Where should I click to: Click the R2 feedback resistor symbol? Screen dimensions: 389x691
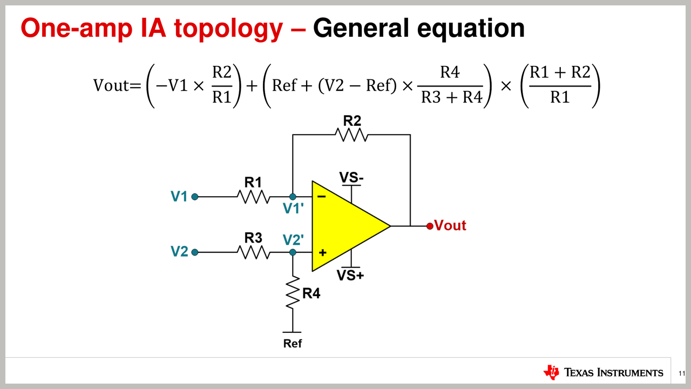(351, 135)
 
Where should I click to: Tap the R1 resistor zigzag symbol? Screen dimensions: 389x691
(254, 197)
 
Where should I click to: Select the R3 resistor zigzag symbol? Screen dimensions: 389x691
(253, 252)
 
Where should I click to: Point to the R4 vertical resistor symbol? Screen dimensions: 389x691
(293, 293)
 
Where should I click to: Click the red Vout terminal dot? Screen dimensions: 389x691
(430, 226)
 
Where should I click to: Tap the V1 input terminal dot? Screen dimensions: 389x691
(195, 197)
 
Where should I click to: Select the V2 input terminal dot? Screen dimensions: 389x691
(195, 252)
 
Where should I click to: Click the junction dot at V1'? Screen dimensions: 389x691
(293, 197)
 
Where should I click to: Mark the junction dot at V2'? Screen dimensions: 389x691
(293, 252)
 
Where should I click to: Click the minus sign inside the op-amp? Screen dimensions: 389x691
(322, 197)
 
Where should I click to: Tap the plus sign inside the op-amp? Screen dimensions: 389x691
(323, 252)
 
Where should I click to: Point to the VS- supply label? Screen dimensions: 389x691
(351, 177)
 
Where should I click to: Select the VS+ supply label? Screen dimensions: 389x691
(351, 275)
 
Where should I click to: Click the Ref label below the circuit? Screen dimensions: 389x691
(293, 344)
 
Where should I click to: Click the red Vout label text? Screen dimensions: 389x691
(450, 226)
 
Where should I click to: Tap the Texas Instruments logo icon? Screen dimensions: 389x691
(552, 372)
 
